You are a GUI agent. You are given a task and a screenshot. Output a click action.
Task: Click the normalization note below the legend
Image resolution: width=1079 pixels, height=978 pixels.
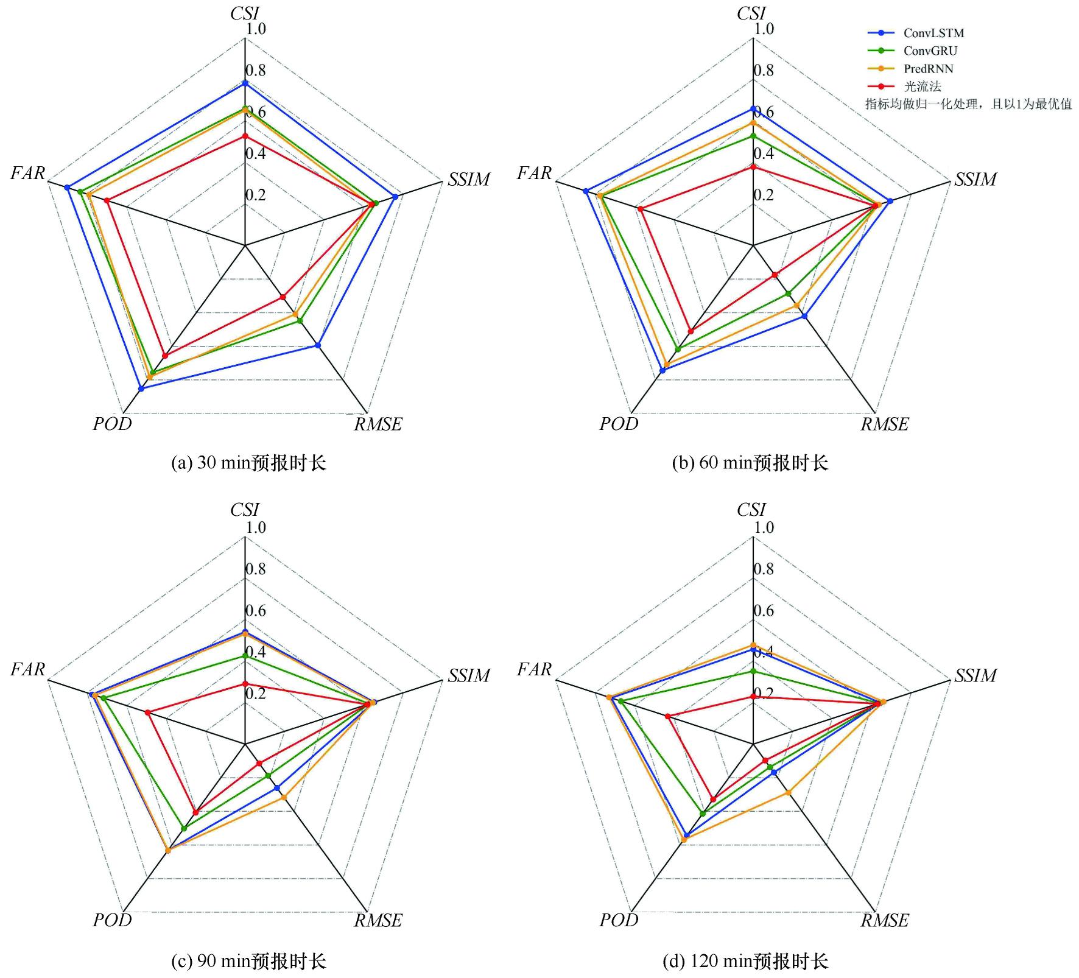[968, 104]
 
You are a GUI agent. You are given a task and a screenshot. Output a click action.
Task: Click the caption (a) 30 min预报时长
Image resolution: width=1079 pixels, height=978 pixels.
[248, 463]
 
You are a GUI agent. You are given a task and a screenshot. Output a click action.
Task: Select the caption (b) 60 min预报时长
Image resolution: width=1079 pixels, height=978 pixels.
[750, 463]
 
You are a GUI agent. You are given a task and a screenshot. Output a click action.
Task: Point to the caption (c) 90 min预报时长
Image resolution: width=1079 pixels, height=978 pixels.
[248, 961]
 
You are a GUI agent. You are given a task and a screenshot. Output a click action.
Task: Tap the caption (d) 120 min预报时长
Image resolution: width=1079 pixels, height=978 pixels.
[745, 961]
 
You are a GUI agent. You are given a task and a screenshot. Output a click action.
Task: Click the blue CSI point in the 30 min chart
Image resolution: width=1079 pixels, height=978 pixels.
[245, 83]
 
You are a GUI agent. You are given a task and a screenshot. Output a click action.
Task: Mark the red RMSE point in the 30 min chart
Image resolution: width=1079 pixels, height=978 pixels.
[283, 297]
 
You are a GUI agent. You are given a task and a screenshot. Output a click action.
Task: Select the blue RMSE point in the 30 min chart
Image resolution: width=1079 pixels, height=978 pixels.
[317, 345]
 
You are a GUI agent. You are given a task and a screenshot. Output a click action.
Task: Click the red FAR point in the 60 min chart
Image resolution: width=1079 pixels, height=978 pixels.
[641, 209]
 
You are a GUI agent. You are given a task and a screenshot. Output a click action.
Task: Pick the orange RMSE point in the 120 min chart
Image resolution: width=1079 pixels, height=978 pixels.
[788, 792]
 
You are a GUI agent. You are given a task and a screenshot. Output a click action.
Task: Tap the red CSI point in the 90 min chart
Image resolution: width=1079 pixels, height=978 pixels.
[245, 684]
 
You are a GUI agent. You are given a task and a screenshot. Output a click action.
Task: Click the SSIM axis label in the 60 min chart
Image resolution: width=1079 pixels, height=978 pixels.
[975, 179]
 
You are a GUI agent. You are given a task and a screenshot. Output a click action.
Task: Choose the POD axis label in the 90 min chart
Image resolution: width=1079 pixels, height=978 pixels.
[112, 920]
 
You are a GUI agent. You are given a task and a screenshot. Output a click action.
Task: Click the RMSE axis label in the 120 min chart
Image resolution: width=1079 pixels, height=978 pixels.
[884, 920]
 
